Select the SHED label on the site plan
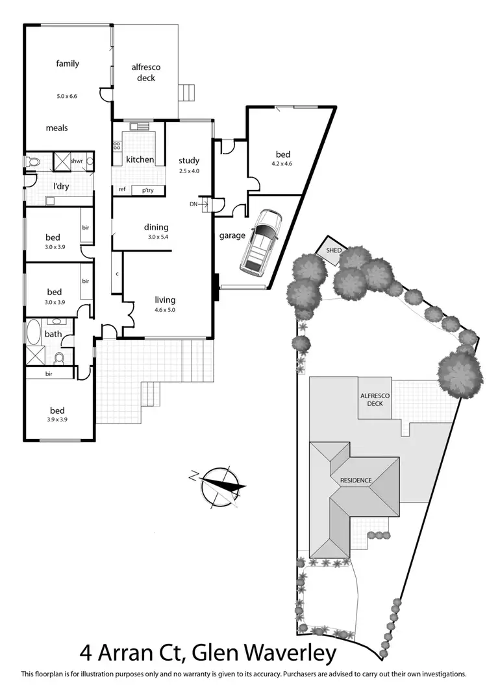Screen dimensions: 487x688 click(334, 250)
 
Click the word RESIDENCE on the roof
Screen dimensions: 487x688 click(356, 480)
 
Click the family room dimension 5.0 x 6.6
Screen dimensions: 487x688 click(67, 96)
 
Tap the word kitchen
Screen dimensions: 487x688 click(140, 160)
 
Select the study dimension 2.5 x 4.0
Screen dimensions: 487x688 click(189, 171)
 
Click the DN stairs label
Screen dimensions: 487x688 click(193, 204)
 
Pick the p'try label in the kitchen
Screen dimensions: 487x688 click(142, 190)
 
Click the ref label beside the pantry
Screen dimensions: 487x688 click(121, 189)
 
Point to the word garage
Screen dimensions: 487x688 click(232, 235)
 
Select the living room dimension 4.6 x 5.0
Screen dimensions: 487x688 click(165, 310)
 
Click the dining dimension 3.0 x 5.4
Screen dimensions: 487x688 click(156, 237)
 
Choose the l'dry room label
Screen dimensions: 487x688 click(61, 187)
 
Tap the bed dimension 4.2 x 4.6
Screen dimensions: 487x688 click(282, 164)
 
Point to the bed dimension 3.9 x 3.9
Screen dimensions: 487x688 click(58, 420)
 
